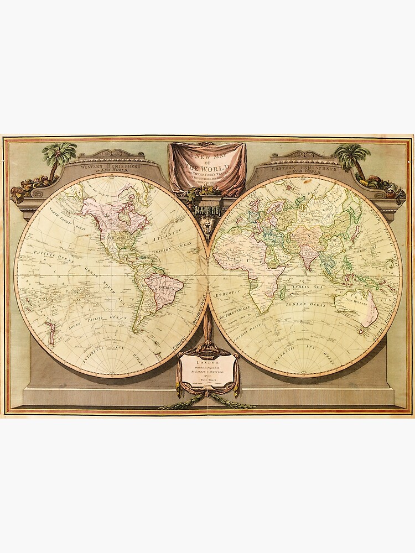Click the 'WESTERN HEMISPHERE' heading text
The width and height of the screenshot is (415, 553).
pyautogui.click(x=111, y=165)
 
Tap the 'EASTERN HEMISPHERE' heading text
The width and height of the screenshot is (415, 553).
pyautogui.click(x=303, y=165)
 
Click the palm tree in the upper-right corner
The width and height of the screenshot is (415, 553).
pyautogui.click(x=352, y=156)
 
